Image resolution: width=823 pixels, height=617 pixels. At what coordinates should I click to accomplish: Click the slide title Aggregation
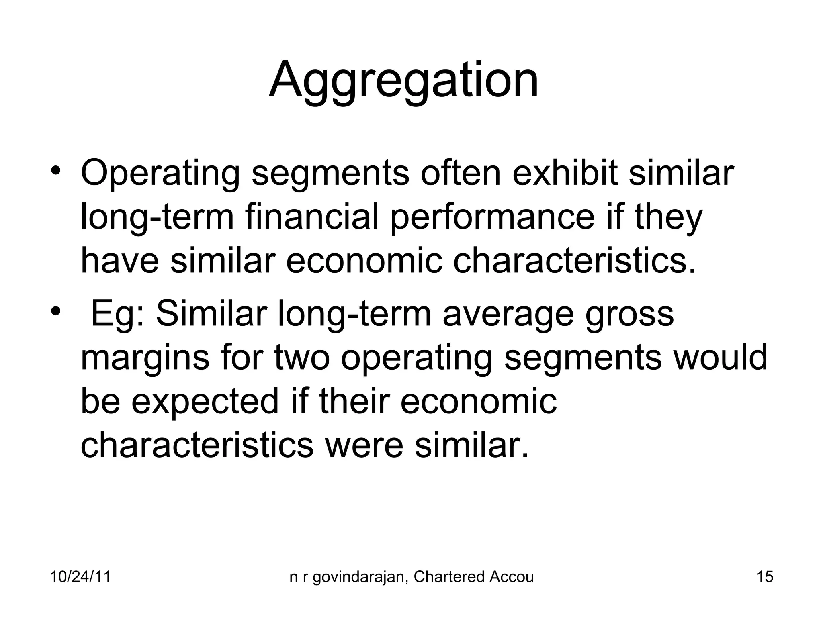pos(403,80)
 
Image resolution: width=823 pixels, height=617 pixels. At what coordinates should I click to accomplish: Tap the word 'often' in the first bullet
pos(461,174)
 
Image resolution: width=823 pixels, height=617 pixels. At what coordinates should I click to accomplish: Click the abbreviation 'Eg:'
pos(118,315)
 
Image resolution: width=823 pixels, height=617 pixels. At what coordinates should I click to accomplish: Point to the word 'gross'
pos(629,315)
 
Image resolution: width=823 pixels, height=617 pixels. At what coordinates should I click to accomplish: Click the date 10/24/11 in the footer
pos(80,577)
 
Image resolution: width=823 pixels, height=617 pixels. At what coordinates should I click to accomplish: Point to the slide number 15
pos(765,577)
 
